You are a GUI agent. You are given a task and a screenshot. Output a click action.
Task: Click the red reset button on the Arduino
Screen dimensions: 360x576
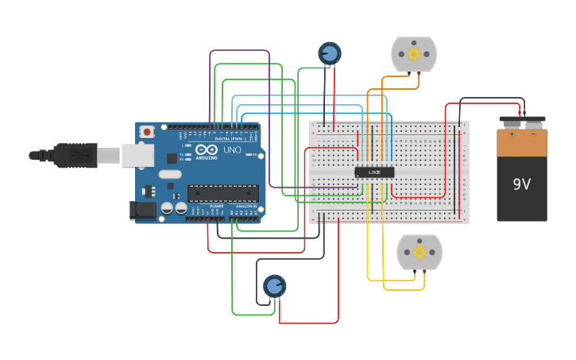[x=147, y=133]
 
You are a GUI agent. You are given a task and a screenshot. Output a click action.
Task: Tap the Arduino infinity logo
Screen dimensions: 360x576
[x=206, y=150]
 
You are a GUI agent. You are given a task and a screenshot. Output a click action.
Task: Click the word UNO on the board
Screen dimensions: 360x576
[x=232, y=149]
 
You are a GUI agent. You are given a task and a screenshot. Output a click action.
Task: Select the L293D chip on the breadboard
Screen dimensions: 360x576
[x=374, y=172]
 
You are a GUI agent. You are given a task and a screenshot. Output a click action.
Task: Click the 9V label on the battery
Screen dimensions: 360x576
[x=521, y=184]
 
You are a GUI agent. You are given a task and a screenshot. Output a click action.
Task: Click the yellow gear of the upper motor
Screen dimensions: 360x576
[x=413, y=54]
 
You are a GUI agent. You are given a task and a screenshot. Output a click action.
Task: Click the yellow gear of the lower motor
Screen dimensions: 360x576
[x=419, y=252]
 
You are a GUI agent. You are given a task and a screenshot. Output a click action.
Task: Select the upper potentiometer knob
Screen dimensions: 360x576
[x=329, y=53]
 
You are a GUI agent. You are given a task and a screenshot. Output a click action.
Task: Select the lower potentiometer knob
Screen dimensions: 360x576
[x=274, y=286]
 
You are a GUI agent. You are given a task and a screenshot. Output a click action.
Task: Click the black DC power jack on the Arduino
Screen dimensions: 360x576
[x=142, y=210]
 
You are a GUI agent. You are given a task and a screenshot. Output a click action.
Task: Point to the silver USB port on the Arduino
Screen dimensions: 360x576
[x=137, y=155]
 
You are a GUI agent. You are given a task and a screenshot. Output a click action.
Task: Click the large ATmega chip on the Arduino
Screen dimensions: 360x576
[x=222, y=193]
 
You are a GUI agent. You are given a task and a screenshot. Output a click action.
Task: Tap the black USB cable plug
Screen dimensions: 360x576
[x=75, y=155]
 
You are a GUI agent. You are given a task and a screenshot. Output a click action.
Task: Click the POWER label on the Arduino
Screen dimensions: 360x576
[x=216, y=206]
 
